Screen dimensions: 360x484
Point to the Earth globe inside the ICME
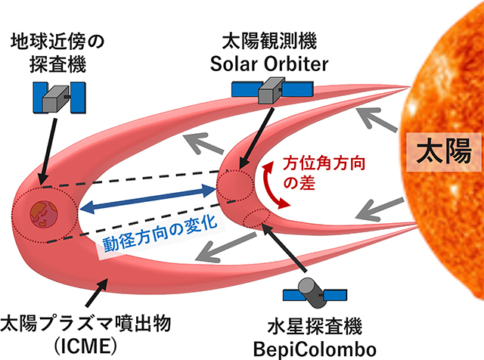click(x=46, y=214)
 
